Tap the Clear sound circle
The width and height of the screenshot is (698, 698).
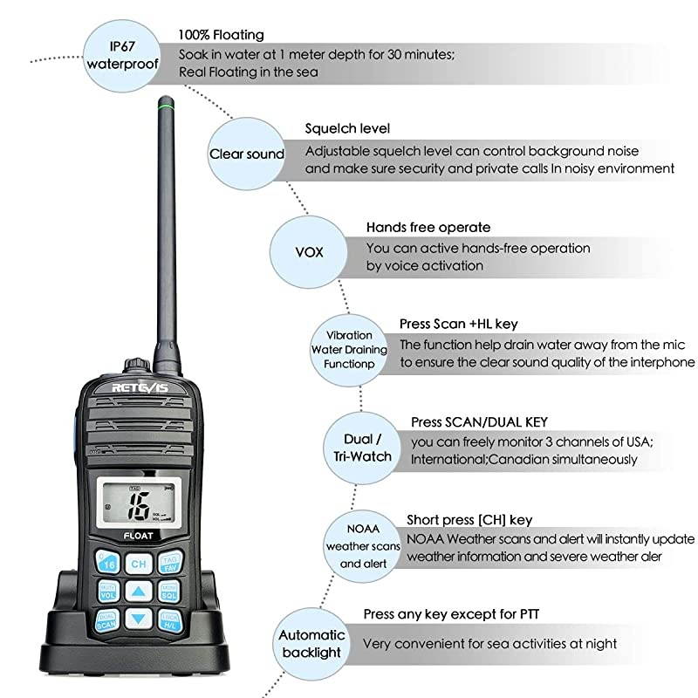tap(246, 154)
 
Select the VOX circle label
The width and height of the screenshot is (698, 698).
tap(308, 251)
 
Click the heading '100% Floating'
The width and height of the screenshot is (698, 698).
tap(221, 35)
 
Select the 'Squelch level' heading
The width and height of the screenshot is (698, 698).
tap(347, 129)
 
